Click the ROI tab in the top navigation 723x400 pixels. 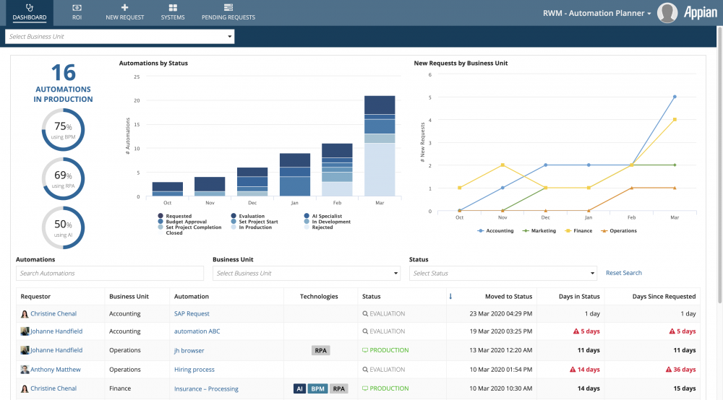click(x=77, y=12)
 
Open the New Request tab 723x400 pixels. click(x=124, y=12)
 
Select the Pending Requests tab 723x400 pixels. click(x=228, y=12)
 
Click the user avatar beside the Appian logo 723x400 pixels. click(x=667, y=13)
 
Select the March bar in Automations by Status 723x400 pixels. click(x=380, y=146)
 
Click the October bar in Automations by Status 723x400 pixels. click(x=168, y=189)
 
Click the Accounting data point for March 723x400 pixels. click(x=675, y=97)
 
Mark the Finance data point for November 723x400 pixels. click(x=502, y=165)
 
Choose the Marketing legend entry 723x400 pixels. click(x=539, y=230)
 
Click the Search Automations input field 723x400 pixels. click(x=110, y=273)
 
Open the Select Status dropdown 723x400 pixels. click(x=503, y=273)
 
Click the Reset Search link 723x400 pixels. click(x=623, y=273)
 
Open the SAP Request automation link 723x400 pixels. click(x=192, y=313)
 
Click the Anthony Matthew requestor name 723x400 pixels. click(x=56, y=369)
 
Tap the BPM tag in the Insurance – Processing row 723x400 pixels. click(x=317, y=388)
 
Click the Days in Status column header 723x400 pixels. click(x=579, y=297)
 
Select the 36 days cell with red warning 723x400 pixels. click(x=680, y=369)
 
